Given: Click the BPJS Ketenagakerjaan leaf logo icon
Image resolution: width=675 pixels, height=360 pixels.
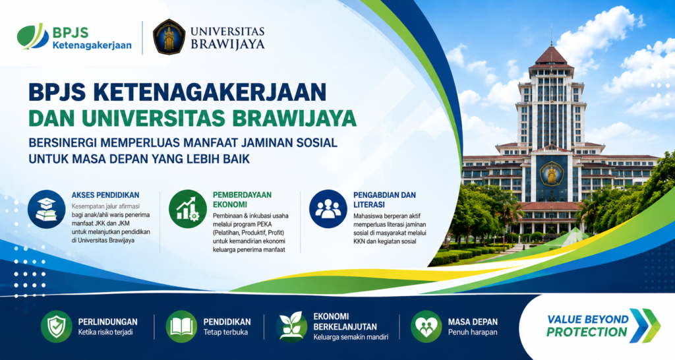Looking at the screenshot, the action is (33, 36).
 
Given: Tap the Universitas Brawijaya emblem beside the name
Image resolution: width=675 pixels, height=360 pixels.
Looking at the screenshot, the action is (169, 37).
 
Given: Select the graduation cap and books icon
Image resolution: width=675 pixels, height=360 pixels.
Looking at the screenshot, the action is (47, 209).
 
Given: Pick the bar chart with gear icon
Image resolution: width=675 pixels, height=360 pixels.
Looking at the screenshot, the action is (188, 209).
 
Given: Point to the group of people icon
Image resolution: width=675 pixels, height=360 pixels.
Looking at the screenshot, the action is (328, 209).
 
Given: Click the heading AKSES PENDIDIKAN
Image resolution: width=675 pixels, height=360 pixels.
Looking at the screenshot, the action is (105, 195).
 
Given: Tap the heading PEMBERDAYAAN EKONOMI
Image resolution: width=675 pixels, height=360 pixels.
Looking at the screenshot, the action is (243, 200).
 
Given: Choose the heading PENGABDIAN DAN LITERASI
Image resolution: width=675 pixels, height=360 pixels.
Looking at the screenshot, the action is (384, 200).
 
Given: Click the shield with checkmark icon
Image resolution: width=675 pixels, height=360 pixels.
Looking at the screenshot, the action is (57, 326).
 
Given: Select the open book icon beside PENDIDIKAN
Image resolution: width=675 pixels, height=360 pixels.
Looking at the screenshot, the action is (182, 326).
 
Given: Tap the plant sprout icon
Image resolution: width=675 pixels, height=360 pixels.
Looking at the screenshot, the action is (291, 326).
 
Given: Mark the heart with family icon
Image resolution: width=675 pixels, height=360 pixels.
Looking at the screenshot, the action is (426, 326).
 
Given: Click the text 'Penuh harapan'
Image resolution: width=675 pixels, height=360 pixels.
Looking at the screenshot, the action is (473, 332).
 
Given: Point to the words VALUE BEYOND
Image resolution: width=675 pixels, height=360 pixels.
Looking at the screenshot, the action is (587, 320).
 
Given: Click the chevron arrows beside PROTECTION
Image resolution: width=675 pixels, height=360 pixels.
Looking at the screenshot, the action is (645, 326).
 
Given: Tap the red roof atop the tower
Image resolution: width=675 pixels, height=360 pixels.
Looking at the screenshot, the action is (551, 57).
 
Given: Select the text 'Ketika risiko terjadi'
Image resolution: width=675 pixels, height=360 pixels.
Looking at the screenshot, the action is (105, 332).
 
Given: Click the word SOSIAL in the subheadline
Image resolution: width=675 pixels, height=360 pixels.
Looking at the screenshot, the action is (317, 142).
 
